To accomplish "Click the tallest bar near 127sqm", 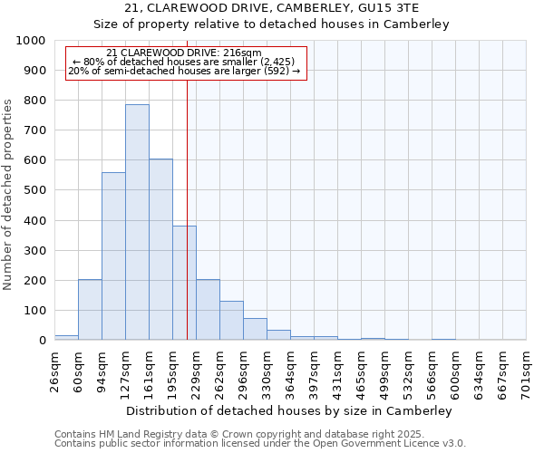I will coord(137,222).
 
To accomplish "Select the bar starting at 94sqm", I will coord(113,256).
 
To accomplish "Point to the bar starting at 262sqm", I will coord(231,321).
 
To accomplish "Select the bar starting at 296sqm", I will coord(255,329).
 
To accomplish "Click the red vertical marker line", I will coord(187,226).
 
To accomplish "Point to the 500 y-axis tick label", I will coord(34,190).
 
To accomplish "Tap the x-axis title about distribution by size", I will coord(290,410).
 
